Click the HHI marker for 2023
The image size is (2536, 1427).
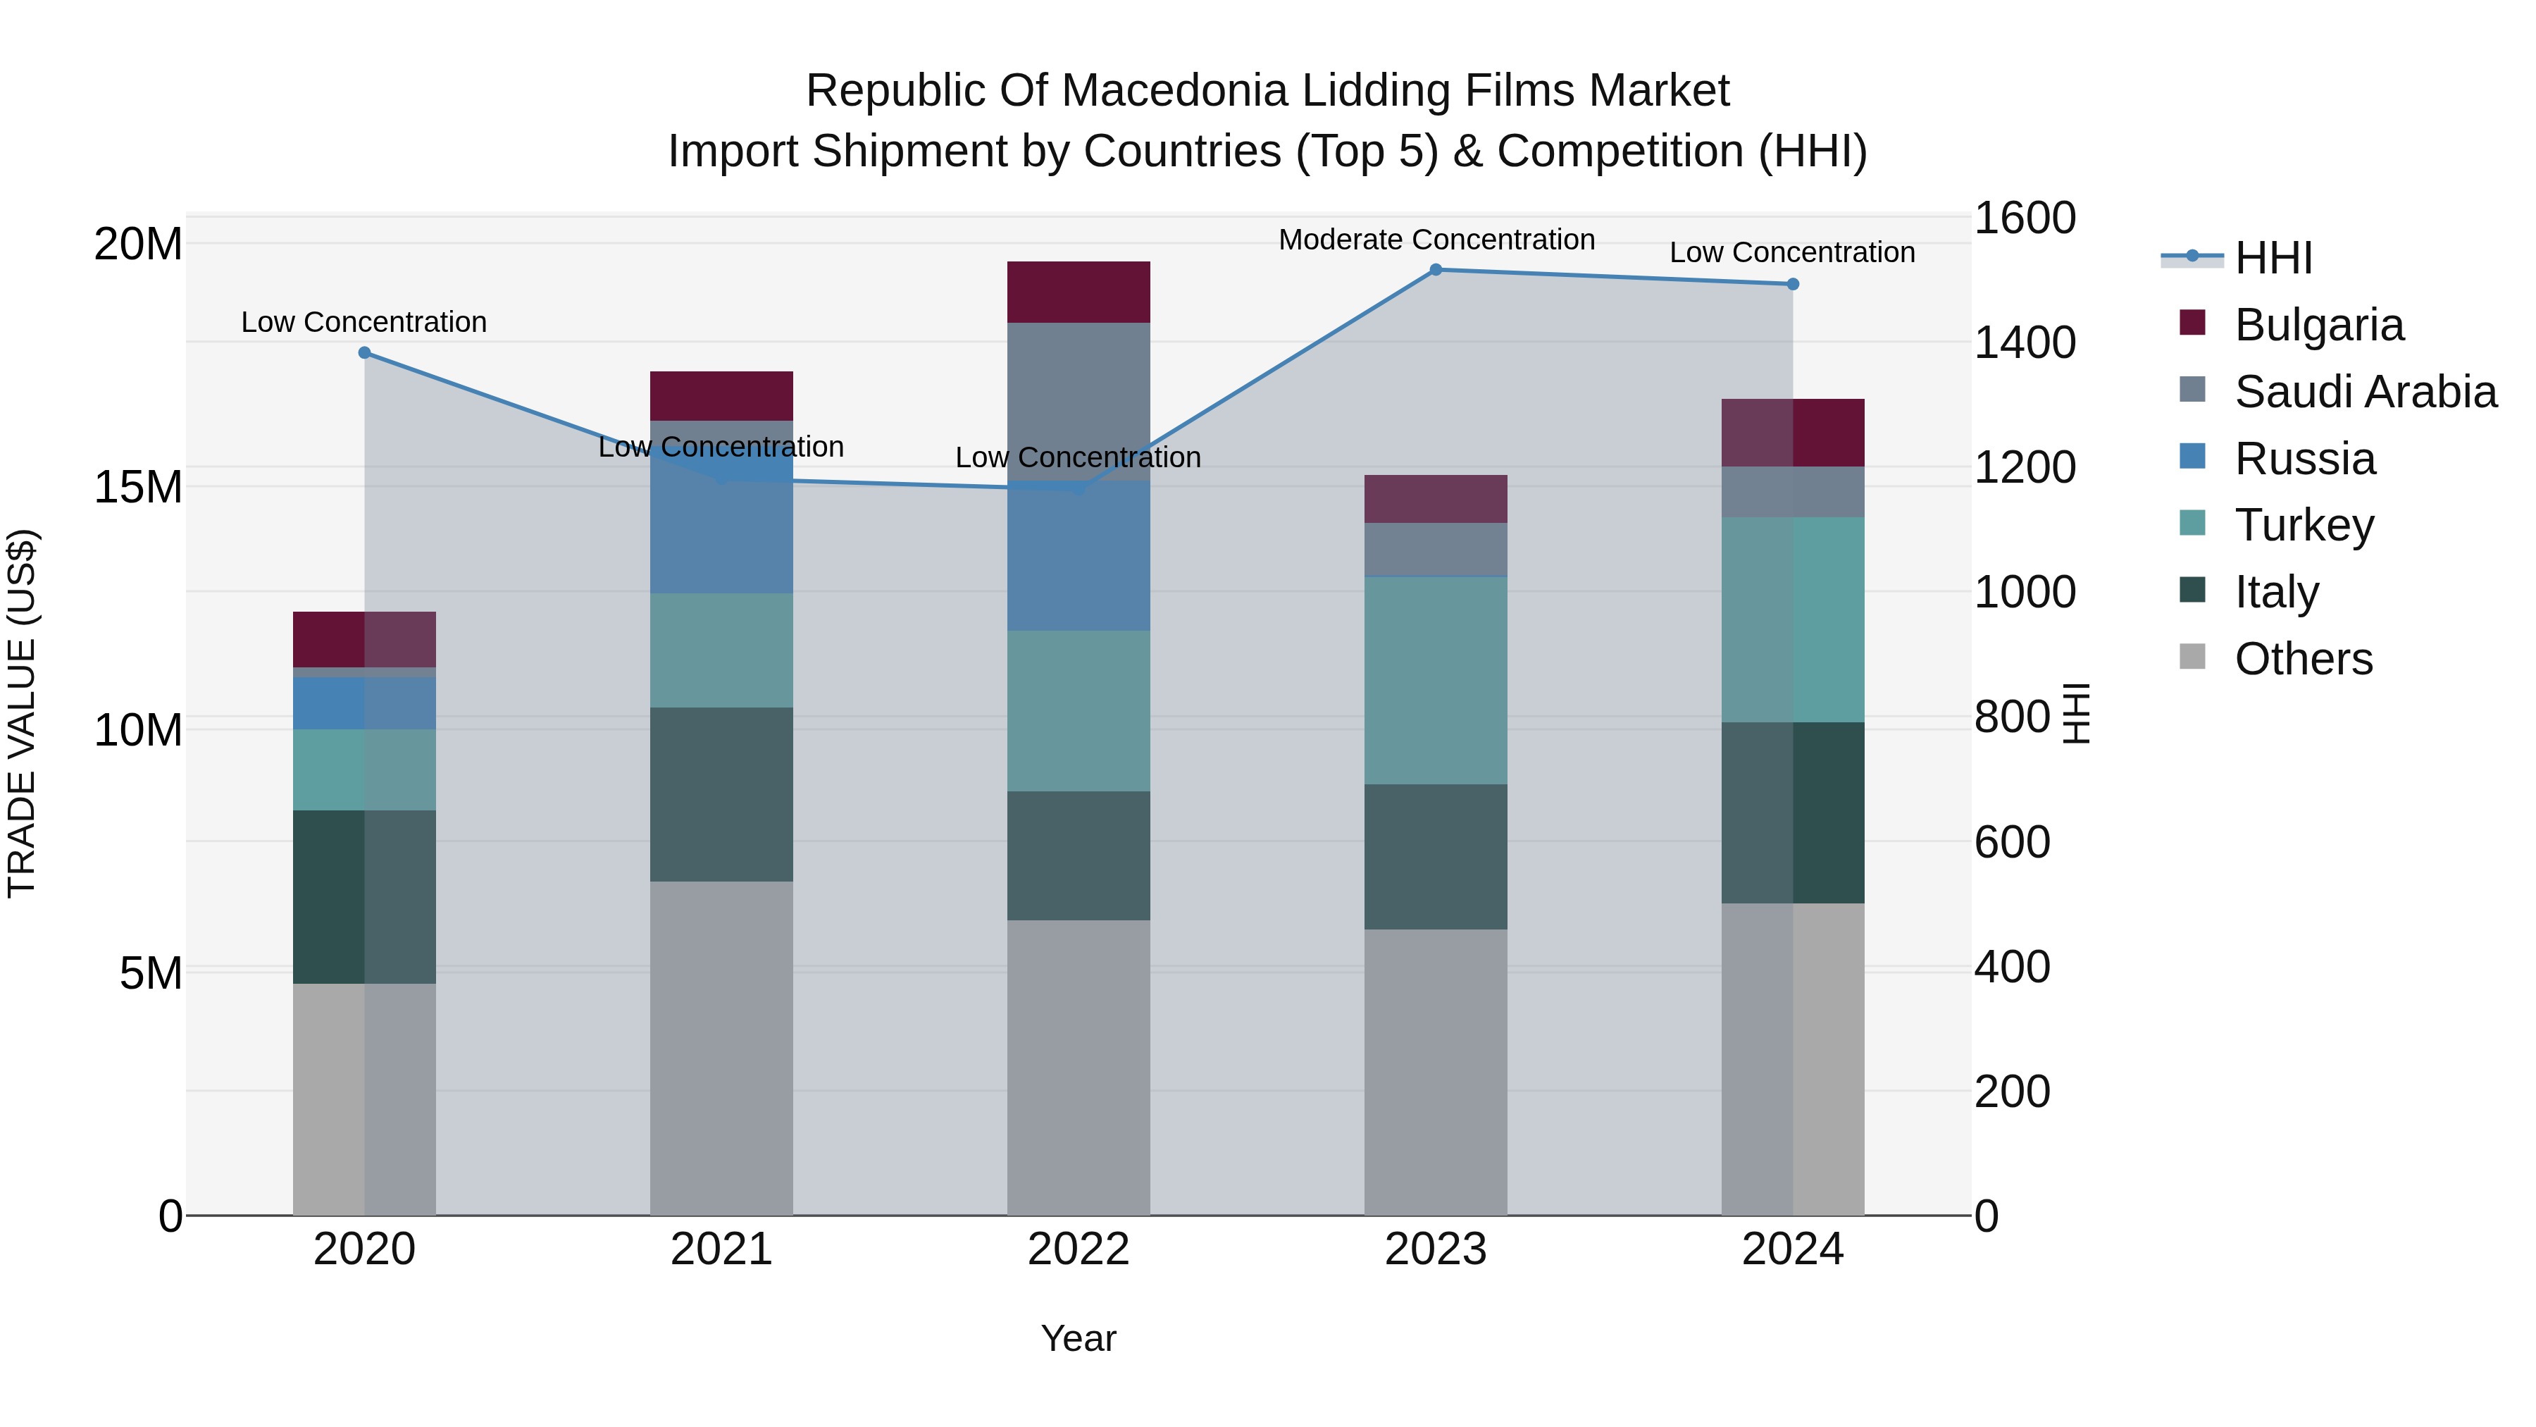tap(1436, 270)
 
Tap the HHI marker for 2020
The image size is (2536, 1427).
tap(364, 352)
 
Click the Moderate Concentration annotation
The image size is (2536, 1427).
tap(1436, 240)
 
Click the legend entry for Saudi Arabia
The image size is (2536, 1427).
tap(2365, 392)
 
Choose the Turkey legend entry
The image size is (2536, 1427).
tap(2304, 525)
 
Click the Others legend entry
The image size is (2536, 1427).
tap(2303, 659)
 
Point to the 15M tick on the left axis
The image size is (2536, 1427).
tap(138, 486)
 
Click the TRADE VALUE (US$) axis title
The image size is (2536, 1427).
tap(22, 714)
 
